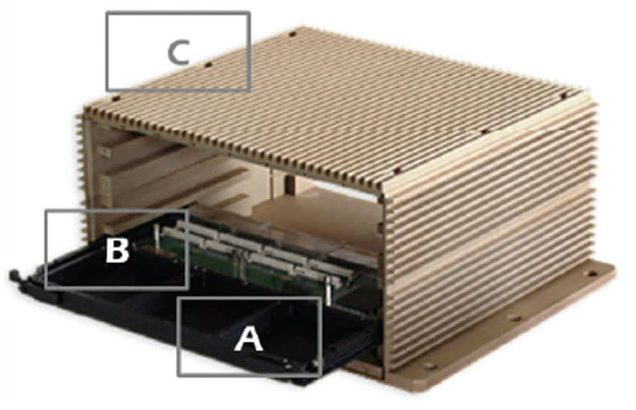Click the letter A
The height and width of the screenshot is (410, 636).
(x=249, y=340)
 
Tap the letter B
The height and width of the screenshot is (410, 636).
(x=117, y=251)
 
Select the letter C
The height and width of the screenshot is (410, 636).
(x=177, y=53)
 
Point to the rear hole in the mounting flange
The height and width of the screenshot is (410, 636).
(x=592, y=274)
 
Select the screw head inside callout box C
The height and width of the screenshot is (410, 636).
(x=208, y=63)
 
